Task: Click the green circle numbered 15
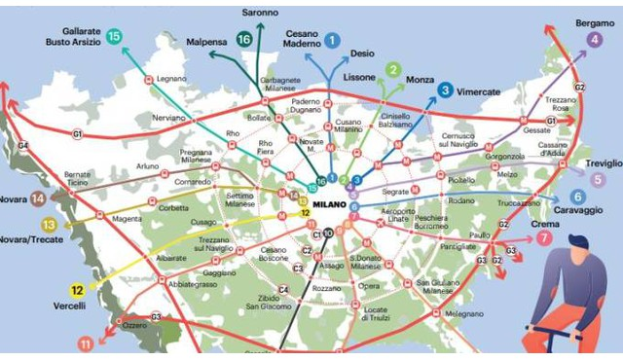click(x=115, y=36)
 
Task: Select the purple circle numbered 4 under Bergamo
click(x=594, y=40)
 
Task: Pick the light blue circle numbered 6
click(x=577, y=197)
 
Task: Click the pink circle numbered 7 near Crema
click(x=544, y=237)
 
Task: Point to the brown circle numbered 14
click(x=38, y=198)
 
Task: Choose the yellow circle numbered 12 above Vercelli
click(x=77, y=289)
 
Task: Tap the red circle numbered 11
click(x=86, y=343)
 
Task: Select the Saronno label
click(x=260, y=13)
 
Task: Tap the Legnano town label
click(x=170, y=78)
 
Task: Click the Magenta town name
click(x=127, y=219)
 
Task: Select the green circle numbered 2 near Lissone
click(x=392, y=69)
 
